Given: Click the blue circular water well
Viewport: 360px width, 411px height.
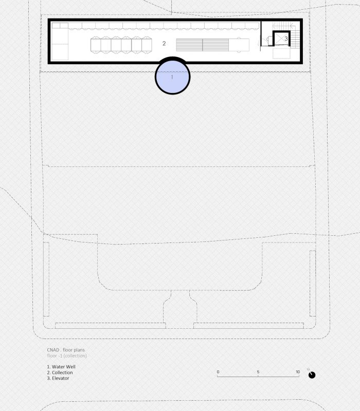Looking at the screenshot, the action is [x=172, y=77].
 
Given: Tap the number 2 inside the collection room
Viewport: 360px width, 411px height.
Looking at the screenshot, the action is [x=164, y=44].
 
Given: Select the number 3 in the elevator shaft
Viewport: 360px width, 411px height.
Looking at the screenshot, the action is [x=286, y=39].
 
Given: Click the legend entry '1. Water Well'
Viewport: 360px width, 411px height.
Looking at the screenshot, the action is [x=61, y=367].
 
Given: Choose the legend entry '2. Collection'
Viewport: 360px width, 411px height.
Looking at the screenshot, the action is [x=60, y=372].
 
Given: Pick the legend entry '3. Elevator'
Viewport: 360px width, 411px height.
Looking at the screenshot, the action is [x=58, y=378].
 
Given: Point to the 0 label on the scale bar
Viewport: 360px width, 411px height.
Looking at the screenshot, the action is [x=218, y=372].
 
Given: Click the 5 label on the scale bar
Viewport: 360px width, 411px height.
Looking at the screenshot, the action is [x=258, y=372].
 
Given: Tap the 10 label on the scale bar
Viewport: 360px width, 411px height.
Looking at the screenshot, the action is [x=298, y=372].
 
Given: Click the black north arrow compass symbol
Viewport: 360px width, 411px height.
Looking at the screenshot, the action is [x=312, y=375].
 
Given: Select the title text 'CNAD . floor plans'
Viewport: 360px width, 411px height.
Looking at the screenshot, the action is [x=66, y=350].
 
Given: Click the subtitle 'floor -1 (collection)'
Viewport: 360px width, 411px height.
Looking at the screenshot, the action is [x=67, y=356].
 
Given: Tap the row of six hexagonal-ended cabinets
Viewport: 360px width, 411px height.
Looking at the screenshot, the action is [x=121, y=45].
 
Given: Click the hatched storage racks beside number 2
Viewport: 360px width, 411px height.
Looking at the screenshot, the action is [x=202, y=45].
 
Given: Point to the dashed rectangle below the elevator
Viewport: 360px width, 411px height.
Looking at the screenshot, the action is [x=281, y=53].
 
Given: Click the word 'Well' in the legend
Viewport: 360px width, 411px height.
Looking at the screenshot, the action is [x=71, y=367].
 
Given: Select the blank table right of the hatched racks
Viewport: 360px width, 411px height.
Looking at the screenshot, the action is [x=239, y=45].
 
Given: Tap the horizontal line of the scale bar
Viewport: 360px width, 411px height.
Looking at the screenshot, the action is [x=258, y=377].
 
